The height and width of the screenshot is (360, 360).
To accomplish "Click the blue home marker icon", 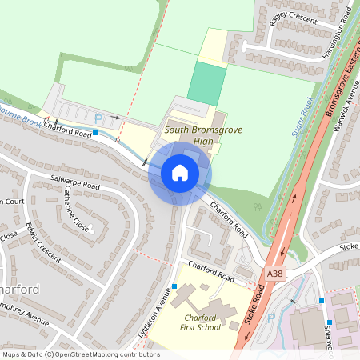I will coord(180,173).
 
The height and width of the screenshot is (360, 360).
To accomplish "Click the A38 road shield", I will coord(274,274).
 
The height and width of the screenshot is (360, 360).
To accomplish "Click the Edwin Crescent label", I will coord(42,242).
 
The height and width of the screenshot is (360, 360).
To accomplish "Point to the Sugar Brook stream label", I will coord(301,116).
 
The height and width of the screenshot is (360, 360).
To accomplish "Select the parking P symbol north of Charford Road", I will coord(98,117).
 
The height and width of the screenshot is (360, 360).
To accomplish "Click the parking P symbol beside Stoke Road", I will coord(270,318).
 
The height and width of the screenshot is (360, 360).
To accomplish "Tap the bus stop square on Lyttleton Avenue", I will coord(174,286).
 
